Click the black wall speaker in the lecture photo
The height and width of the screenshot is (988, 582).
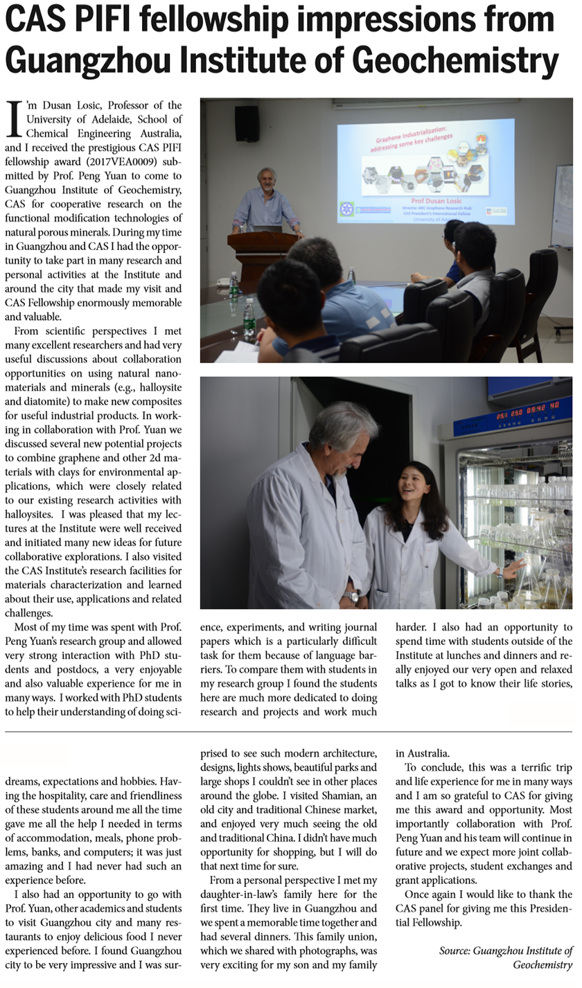pos(247,123)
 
